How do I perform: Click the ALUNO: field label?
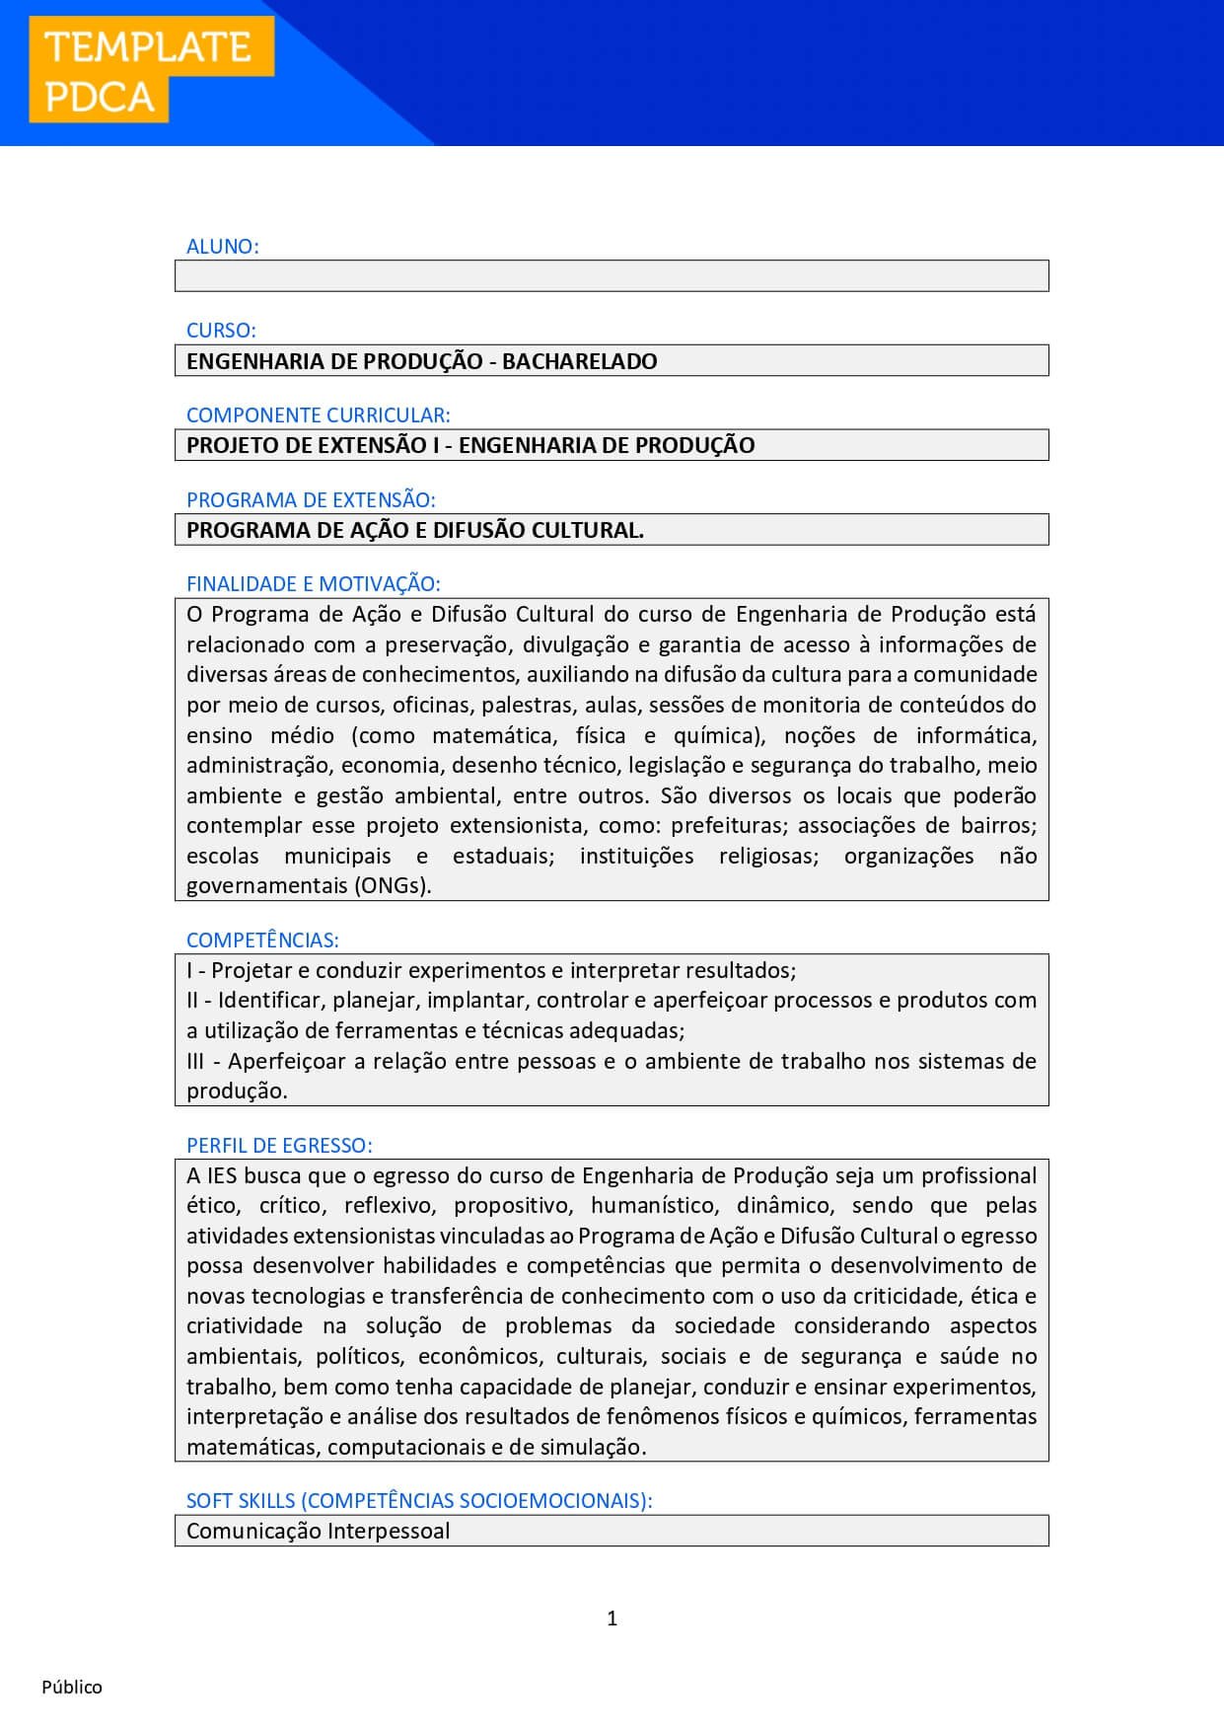coord(222,247)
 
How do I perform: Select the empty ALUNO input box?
coord(612,276)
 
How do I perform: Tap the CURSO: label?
coord(221,331)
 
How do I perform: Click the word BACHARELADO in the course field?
coord(579,361)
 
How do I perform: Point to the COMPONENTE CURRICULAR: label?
coord(318,415)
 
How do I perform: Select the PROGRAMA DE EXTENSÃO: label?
coord(311,500)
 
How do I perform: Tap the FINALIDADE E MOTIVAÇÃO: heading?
coord(313,584)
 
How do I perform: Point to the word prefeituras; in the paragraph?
coord(729,825)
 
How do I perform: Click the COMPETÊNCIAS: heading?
coord(262,941)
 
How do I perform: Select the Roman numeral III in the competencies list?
coord(195,1061)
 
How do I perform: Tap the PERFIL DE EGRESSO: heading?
coord(279,1146)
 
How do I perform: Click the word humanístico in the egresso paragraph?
coord(653,1205)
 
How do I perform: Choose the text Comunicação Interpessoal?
coord(318,1531)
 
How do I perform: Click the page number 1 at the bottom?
coord(612,1618)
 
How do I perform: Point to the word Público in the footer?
coord(72,1687)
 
